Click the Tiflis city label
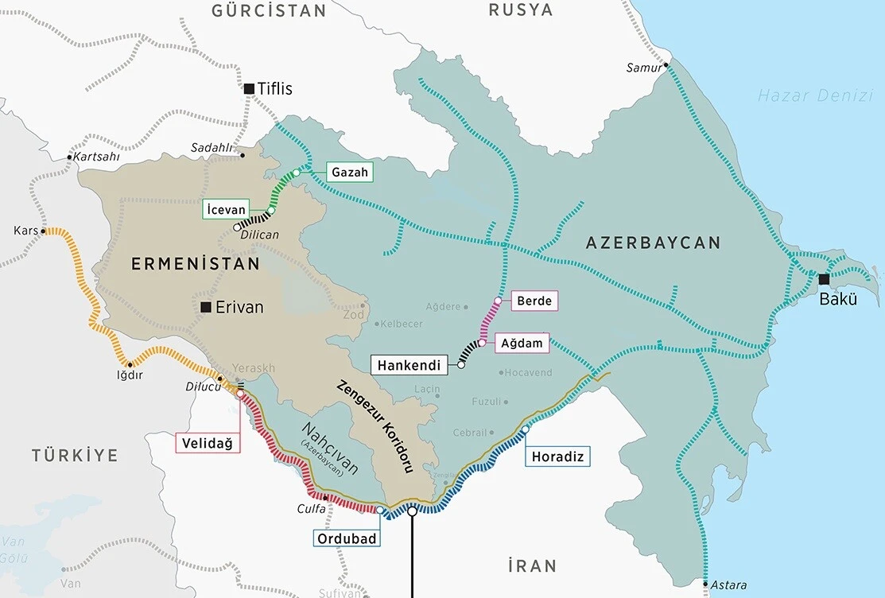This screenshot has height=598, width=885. [x=275, y=89]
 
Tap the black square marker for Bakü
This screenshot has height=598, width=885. [x=825, y=279]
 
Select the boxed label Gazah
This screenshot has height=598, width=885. [x=349, y=172]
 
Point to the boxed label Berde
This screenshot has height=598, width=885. [x=534, y=301]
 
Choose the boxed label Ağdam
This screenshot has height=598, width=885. [x=522, y=344]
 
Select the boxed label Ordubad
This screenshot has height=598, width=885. [x=346, y=538]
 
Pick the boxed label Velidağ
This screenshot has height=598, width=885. [x=208, y=443]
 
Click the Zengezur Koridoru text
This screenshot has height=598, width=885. [x=375, y=426]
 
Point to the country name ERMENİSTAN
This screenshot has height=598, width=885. [x=196, y=263]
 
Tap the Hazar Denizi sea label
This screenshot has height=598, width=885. [x=814, y=96]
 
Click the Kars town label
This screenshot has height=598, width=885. [x=25, y=231]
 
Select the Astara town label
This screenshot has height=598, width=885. [x=728, y=585]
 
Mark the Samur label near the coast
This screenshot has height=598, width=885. [x=643, y=68]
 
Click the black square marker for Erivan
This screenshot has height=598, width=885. [x=206, y=307]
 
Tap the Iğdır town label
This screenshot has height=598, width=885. [x=130, y=375]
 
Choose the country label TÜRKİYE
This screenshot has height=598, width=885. [x=75, y=456]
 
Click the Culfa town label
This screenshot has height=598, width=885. [x=311, y=507]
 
